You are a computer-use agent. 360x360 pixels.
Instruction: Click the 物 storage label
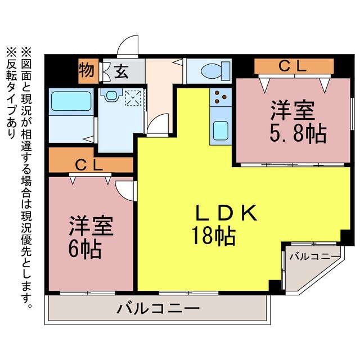coord(87,71)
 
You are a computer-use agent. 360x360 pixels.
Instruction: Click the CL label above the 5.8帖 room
coord(293,66)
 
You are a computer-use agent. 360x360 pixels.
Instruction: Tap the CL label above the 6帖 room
coord(89,165)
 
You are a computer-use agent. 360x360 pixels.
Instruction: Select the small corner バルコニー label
coord(314,256)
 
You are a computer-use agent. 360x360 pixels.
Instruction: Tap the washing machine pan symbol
coord(134,100)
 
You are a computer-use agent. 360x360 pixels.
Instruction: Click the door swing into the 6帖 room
coord(125,188)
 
